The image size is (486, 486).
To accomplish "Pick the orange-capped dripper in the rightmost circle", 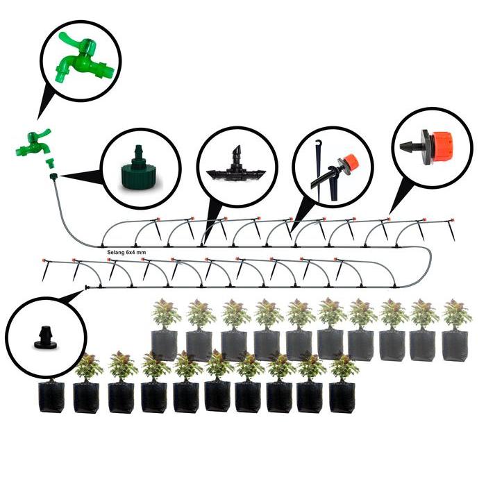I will (433, 145).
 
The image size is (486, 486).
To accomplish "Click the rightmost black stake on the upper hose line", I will (451, 233).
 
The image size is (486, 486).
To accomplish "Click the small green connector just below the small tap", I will (50, 162).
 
